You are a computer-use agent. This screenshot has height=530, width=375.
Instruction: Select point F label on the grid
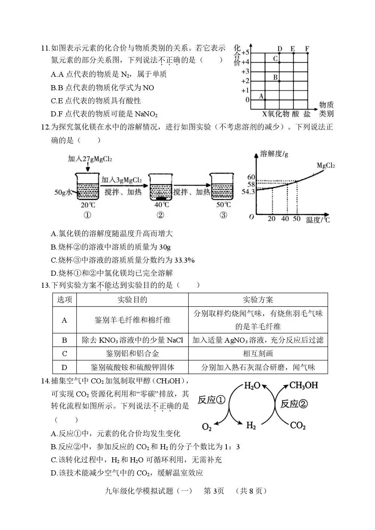pyautogui.click(x=307, y=48)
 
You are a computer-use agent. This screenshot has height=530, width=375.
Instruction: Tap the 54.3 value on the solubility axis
pyautogui.click(x=249, y=192)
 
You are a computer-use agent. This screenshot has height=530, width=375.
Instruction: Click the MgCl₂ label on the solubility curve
pyautogui.click(x=325, y=166)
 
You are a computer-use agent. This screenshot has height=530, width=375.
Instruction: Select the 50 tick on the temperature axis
pyautogui.click(x=297, y=219)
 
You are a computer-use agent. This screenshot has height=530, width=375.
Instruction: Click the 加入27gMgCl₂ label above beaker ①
pyautogui.click(x=90, y=159)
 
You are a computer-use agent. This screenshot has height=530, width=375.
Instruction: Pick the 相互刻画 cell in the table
pyautogui.click(x=258, y=353)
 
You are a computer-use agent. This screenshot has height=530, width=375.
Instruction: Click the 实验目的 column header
pyautogui.click(x=132, y=300)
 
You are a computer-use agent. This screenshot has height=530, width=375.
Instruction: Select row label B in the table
pyautogui.click(x=65, y=340)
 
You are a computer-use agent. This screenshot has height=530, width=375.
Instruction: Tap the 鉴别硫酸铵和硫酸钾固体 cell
pyautogui.click(x=132, y=367)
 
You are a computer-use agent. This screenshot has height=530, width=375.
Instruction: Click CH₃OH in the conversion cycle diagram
pyautogui.click(x=304, y=385)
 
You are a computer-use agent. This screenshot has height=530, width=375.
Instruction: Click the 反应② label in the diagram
pyautogui.click(x=294, y=404)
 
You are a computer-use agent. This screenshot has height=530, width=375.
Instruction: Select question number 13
pyautogui.click(x=45, y=285)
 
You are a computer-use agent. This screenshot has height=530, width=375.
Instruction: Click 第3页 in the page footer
pyautogui.click(x=214, y=491)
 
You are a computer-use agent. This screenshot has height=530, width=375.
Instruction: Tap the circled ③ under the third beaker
pyautogui.click(x=223, y=215)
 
